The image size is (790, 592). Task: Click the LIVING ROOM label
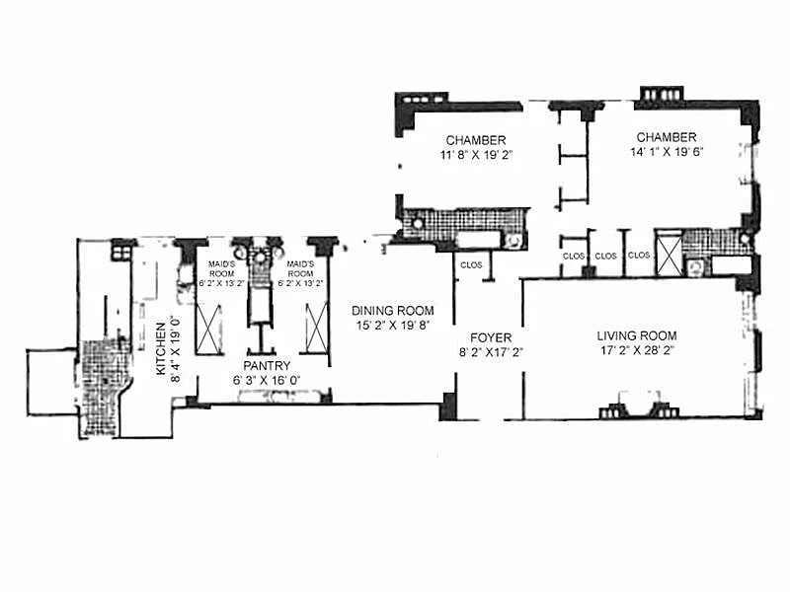637,335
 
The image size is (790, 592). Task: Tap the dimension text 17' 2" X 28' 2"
637,350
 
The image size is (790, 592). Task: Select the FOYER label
491,337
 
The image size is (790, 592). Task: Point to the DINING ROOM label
392,311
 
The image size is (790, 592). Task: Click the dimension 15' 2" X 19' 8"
392,326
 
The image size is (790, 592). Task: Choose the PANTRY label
267,365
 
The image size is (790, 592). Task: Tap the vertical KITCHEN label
161,348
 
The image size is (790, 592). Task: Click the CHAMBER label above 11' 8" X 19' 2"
476,140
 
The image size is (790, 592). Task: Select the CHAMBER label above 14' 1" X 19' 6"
667,137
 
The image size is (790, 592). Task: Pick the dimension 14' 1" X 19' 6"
667,152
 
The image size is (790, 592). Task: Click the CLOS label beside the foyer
471,264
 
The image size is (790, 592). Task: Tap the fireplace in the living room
639,405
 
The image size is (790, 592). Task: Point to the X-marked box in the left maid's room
209,330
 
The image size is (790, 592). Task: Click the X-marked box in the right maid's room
316,328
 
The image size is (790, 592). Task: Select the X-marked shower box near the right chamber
669,255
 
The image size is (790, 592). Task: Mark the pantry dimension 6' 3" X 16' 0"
267,380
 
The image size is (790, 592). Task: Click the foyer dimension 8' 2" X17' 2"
491,352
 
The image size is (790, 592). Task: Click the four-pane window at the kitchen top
121,251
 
